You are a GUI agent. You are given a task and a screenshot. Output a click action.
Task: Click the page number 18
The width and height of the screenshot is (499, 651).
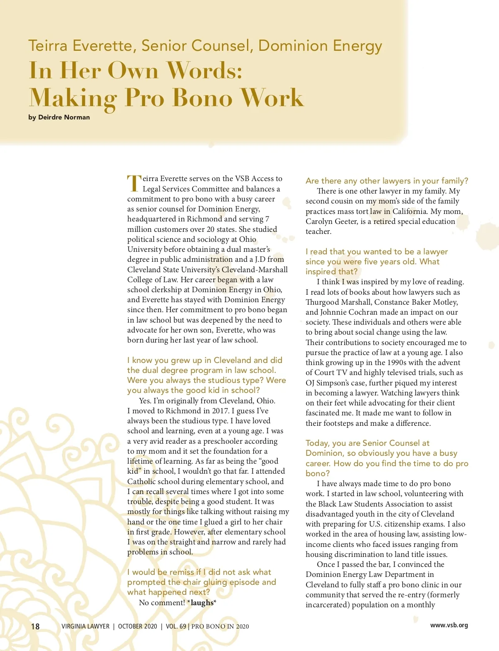(35, 626)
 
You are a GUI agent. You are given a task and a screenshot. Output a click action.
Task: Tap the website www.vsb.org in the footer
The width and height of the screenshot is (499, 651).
(449, 625)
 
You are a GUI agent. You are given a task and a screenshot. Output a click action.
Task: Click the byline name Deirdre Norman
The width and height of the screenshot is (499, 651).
(64, 117)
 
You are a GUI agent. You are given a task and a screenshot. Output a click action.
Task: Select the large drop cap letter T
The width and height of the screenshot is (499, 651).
(134, 184)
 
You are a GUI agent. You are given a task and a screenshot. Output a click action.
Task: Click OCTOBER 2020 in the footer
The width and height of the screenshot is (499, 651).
(137, 626)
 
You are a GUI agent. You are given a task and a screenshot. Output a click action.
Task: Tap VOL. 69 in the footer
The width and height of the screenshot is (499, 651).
(176, 626)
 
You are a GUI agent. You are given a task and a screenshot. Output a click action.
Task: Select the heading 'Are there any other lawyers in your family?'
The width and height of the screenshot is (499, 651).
(387, 181)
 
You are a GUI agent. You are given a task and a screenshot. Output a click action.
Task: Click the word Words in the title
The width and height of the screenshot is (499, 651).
(204, 70)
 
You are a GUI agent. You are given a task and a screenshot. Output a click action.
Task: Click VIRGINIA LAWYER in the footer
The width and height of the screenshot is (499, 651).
(85, 626)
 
